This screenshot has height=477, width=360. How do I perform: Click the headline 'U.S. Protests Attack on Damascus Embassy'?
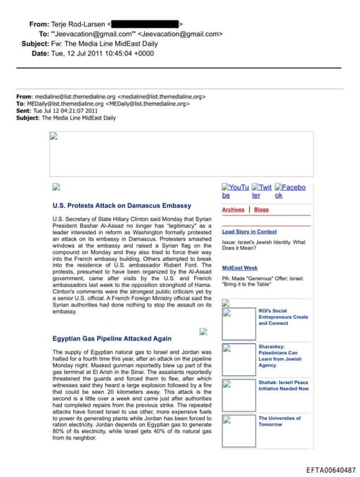tap(122, 205)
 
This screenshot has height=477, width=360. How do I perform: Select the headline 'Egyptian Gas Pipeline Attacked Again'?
tap(112, 338)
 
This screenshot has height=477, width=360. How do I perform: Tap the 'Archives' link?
tap(233, 210)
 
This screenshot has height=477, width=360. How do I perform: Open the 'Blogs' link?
tap(261, 210)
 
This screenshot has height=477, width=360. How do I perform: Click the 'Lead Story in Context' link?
tap(249, 231)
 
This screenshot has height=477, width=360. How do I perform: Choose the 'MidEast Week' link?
tap(239, 268)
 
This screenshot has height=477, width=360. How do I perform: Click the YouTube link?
tap(235, 191)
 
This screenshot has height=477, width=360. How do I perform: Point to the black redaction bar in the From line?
tap(145, 24)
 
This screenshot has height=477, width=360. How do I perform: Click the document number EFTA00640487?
tap(330, 469)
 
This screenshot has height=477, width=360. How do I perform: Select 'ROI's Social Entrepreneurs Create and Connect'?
tap(283, 317)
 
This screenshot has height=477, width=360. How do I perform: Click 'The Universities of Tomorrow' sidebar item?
tap(281, 421)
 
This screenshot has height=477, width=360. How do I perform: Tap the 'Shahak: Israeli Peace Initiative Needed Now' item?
tap(283, 385)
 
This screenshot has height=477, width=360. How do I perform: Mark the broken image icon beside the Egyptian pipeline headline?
tap(203, 331)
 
